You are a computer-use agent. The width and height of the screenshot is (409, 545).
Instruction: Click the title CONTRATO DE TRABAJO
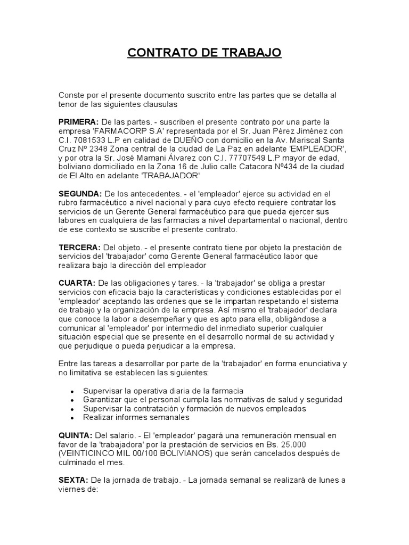[204, 53]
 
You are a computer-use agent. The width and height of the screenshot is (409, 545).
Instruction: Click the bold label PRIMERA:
[78, 122]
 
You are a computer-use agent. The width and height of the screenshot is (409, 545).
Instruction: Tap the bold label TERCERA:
[79, 247]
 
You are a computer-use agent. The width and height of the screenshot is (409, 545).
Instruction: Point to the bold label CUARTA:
[77, 283]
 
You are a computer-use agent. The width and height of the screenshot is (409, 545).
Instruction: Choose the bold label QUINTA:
[76, 435]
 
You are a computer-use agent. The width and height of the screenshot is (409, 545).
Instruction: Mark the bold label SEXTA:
[73, 480]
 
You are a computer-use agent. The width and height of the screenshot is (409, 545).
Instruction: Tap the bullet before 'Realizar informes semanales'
[72, 418]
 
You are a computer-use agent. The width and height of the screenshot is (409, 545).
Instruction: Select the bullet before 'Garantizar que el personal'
[72, 400]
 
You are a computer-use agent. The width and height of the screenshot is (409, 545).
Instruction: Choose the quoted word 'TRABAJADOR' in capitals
[174, 176]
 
